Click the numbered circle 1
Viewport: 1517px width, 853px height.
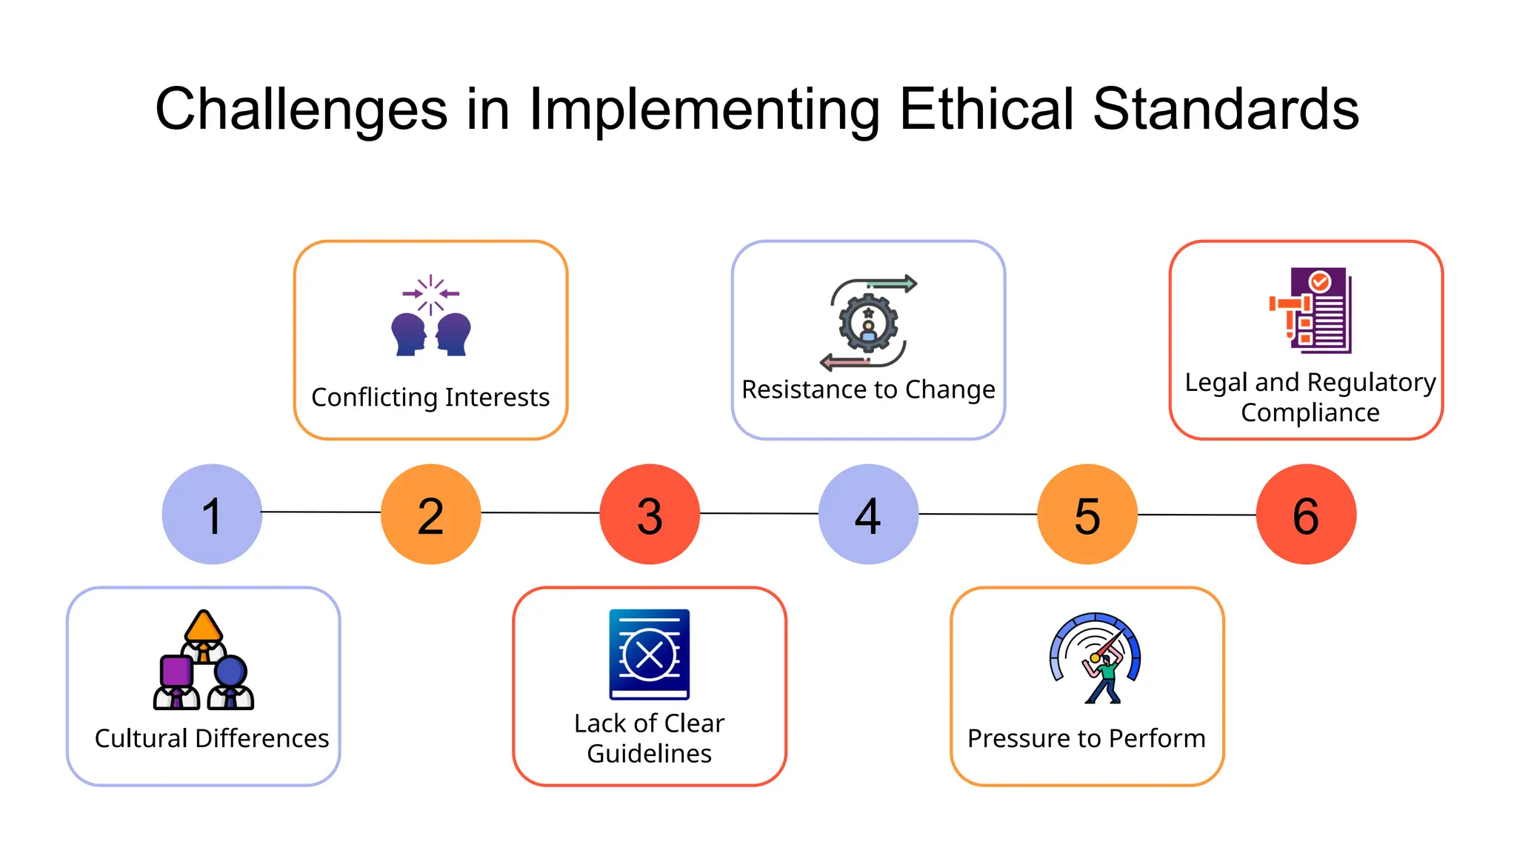click(212, 515)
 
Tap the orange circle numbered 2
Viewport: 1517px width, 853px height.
click(430, 515)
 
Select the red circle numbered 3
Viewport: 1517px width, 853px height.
click(650, 515)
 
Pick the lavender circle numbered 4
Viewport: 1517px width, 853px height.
click(868, 515)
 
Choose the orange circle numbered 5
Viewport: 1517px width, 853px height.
click(1087, 515)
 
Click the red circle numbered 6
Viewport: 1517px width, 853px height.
click(1306, 515)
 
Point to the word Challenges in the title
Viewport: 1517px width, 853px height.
click(301, 110)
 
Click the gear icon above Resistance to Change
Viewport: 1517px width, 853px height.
click(868, 323)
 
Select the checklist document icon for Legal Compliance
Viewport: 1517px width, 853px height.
click(1311, 310)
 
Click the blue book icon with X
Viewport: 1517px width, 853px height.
click(650, 655)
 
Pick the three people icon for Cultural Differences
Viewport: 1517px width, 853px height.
click(204, 660)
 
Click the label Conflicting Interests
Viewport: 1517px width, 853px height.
click(430, 398)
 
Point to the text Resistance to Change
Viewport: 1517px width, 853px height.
click(868, 389)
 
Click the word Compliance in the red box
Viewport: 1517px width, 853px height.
click(1310, 413)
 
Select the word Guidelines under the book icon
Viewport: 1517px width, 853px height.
click(649, 754)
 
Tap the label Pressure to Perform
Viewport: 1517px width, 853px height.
click(1086, 739)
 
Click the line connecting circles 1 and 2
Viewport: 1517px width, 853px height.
click(321, 512)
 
